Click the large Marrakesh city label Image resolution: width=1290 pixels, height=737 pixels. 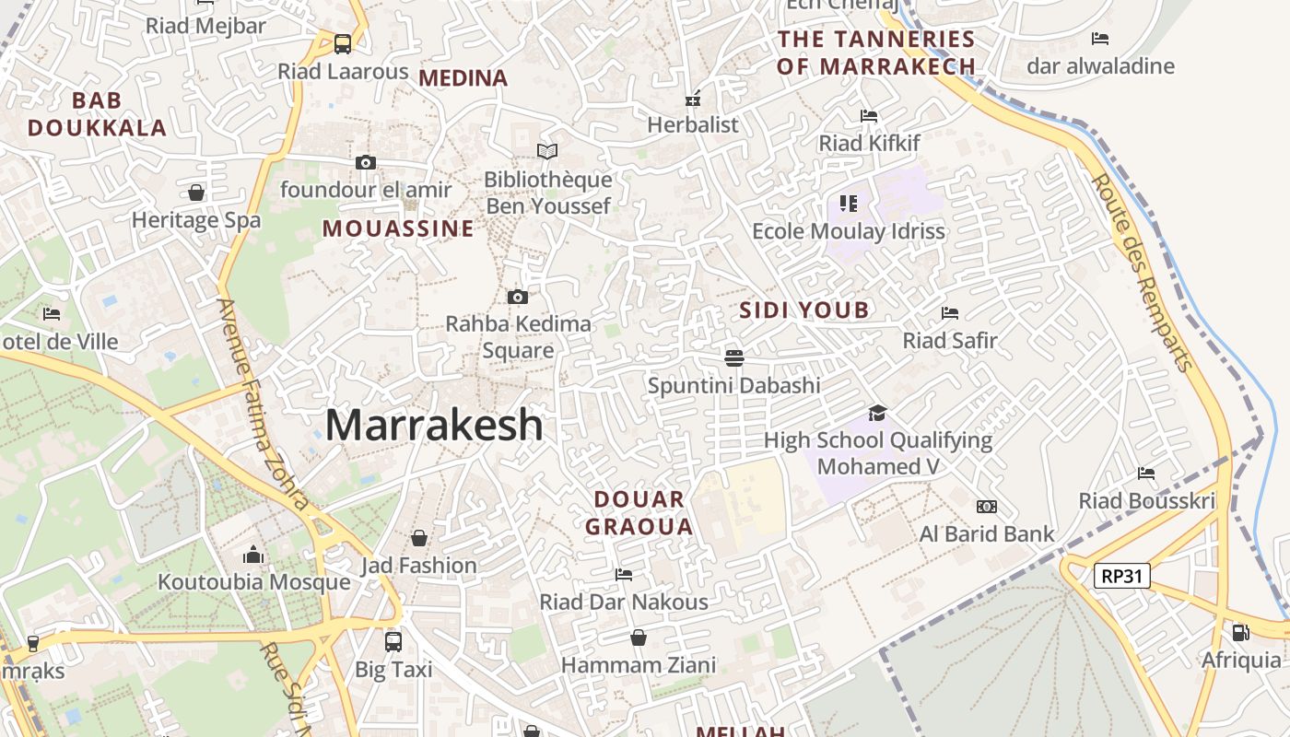(x=434, y=426)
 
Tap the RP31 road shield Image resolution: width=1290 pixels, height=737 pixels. (x=1122, y=577)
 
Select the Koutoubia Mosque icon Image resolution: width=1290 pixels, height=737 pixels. (x=253, y=555)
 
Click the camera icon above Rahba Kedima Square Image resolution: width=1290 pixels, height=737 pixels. (x=518, y=297)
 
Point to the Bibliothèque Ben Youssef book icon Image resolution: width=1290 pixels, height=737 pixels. (x=547, y=151)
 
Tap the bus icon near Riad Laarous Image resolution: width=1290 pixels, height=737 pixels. (x=343, y=43)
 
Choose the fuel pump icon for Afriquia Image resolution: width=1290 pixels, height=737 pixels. (x=1241, y=632)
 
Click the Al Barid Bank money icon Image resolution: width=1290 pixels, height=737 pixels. (x=987, y=507)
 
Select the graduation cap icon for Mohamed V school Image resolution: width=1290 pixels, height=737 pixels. (x=877, y=413)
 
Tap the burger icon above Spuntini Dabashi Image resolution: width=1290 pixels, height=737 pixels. (x=734, y=357)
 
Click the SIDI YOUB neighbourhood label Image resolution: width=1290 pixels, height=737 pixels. (x=804, y=310)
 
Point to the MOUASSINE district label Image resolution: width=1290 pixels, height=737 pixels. (x=398, y=228)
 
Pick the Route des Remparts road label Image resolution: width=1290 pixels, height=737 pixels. (x=1143, y=272)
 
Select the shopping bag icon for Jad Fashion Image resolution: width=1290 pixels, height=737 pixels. (x=419, y=537)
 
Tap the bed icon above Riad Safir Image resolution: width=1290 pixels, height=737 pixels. (x=950, y=313)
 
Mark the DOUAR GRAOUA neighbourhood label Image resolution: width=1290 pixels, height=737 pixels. (x=639, y=513)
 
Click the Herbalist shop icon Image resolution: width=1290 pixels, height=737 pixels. (x=693, y=99)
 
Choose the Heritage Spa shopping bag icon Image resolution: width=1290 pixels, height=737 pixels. (x=196, y=193)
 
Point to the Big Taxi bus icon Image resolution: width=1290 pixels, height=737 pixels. (x=393, y=641)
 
